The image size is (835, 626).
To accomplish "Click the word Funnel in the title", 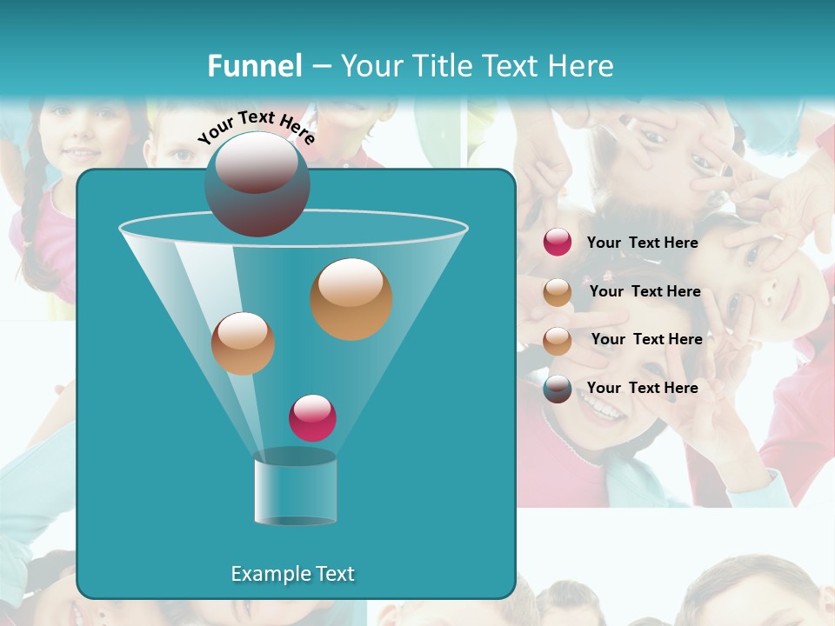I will pyautogui.click(x=255, y=66).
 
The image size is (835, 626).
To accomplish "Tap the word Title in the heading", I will pyautogui.click(x=443, y=66).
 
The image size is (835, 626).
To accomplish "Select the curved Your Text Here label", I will pyautogui.click(x=257, y=127).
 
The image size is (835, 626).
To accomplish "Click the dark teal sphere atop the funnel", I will pyautogui.click(x=257, y=183).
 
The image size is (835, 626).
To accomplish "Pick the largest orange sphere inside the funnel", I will pyautogui.click(x=351, y=299).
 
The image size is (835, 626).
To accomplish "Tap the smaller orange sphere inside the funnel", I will pyautogui.click(x=243, y=343).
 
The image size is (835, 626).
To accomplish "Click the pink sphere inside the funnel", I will pyautogui.click(x=312, y=417).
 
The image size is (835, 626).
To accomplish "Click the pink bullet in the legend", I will pyautogui.click(x=558, y=243).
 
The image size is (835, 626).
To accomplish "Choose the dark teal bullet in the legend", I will pyautogui.click(x=558, y=389).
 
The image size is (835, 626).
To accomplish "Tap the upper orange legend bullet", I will pyautogui.click(x=558, y=292).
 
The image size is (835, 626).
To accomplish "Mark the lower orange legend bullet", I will pyautogui.click(x=558, y=341).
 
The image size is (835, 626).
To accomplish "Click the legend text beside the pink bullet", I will pyautogui.click(x=642, y=243).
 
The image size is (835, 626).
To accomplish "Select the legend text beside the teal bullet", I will pyautogui.click(x=642, y=388).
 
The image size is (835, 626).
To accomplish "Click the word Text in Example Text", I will pyautogui.click(x=330, y=574).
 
